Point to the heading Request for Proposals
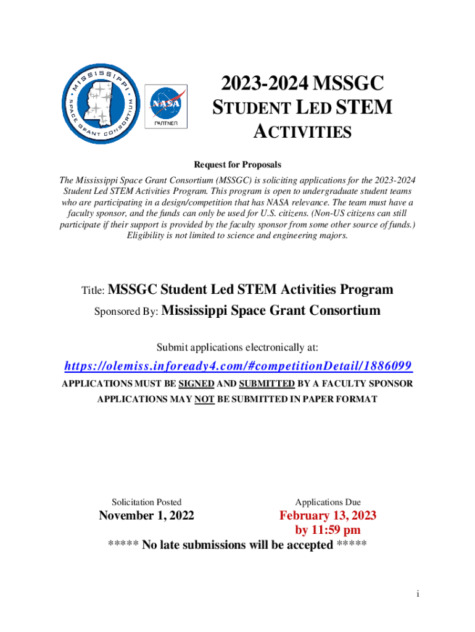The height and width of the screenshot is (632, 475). click(238, 165)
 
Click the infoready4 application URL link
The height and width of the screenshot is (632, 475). click(238, 366)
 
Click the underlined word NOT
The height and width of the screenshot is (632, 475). click(204, 399)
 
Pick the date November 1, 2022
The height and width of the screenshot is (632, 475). click(147, 515)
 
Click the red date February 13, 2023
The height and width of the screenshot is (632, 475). click(328, 515)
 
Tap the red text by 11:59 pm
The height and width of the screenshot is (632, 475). click(328, 530)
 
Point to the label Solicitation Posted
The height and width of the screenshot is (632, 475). click(146, 502)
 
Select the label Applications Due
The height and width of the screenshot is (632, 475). click(328, 502)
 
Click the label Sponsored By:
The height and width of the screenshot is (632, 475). click(126, 312)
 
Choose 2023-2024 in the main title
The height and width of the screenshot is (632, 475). click(260, 83)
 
